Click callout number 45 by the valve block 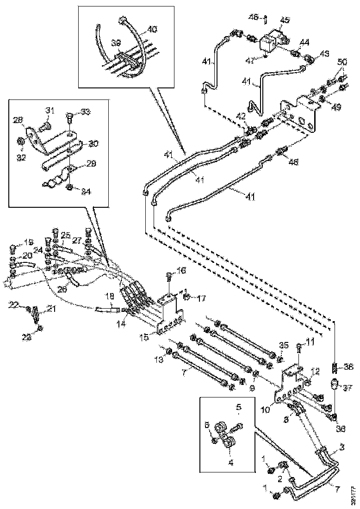pyautogui.click(x=285, y=20)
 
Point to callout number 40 pyautogui.click(x=152, y=29)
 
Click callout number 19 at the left pyautogui.click(x=29, y=242)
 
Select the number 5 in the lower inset pyautogui.click(x=238, y=408)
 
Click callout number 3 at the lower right pyautogui.click(x=341, y=447)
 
